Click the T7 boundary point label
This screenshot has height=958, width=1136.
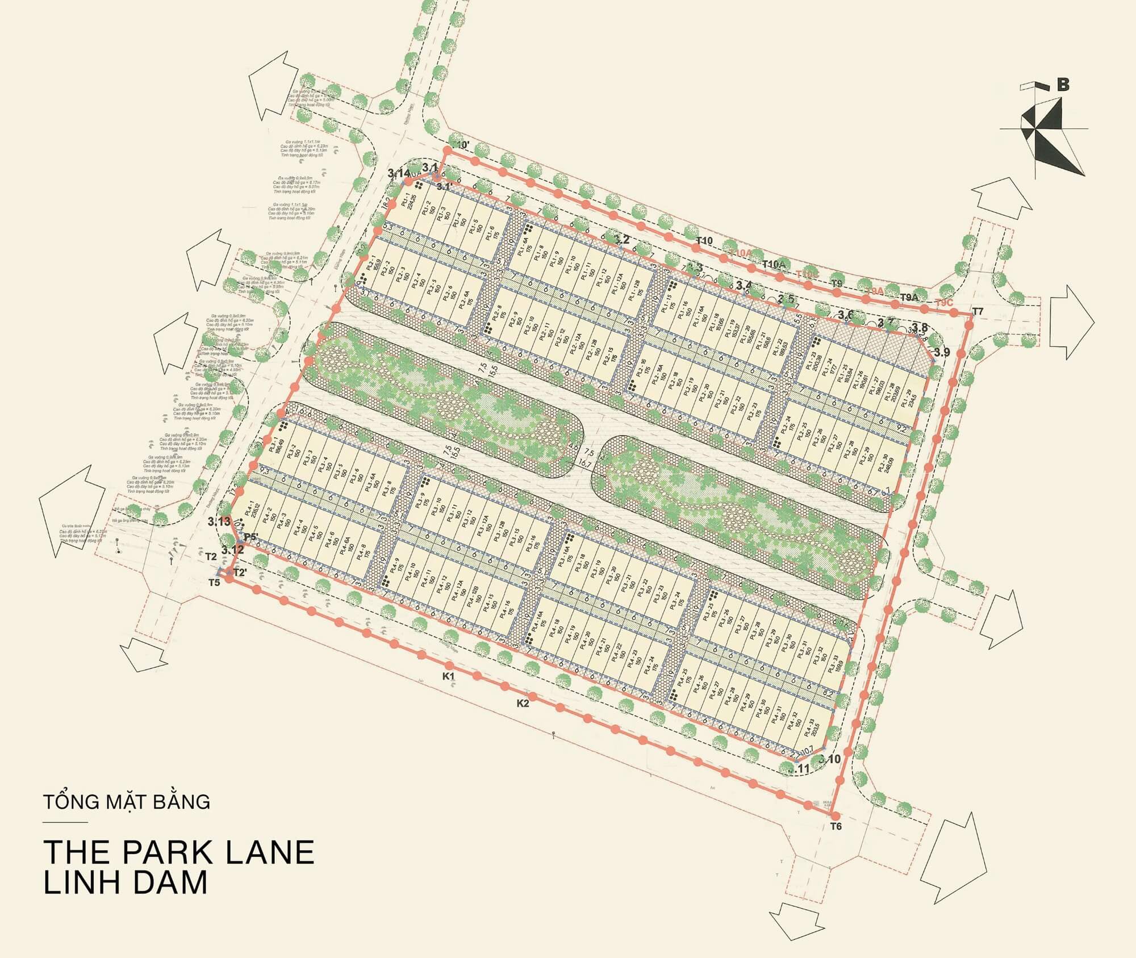click(x=977, y=311)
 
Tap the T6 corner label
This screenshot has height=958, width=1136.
click(x=835, y=826)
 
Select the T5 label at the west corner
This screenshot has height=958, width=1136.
click(x=214, y=583)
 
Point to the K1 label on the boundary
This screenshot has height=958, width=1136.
click(x=449, y=676)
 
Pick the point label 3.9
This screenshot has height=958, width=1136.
click(x=942, y=353)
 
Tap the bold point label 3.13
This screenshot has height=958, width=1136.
click(x=219, y=521)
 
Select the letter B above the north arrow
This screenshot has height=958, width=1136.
click(x=1063, y=85)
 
